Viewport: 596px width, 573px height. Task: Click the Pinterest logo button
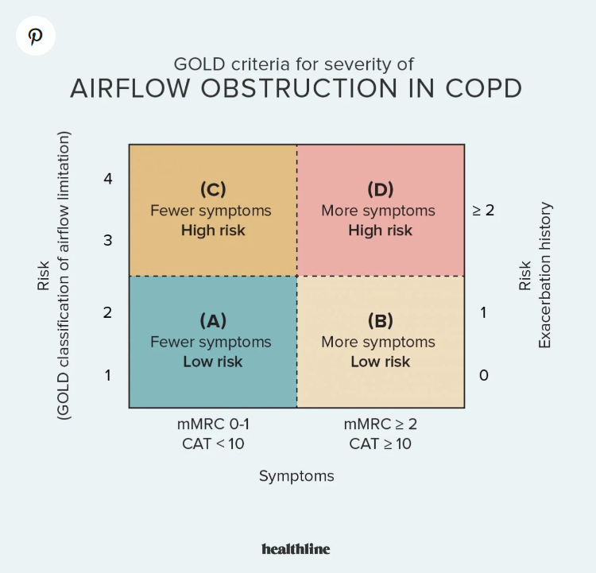pos(36,37)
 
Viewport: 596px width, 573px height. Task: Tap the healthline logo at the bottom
pos(296,548)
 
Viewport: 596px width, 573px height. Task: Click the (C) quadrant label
pos(213,189)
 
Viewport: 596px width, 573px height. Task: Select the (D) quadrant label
pos(381,189)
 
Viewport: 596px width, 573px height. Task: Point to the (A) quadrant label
pos(213,320)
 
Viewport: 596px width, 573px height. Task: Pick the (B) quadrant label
pos(381,320)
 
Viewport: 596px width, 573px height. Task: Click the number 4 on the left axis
pos(108,179)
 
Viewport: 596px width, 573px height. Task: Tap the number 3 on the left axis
pos(108,240)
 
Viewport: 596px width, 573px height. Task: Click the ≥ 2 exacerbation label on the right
pos(483,211)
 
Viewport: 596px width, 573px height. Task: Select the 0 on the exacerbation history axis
pos(483,374)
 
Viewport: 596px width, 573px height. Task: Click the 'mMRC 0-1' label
pos(213,424)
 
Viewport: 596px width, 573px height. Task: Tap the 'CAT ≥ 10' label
pos(381,443)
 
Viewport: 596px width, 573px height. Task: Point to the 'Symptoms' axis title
pos(296,476)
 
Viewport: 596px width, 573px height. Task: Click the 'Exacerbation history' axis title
pos(545,275)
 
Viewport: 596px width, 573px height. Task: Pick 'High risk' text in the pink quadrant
pos(381,230)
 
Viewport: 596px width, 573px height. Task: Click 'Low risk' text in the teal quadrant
pos(213,362)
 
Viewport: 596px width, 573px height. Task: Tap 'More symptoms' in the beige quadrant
pos(378,342)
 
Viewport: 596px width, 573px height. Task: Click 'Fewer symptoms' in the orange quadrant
pos(211,211)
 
